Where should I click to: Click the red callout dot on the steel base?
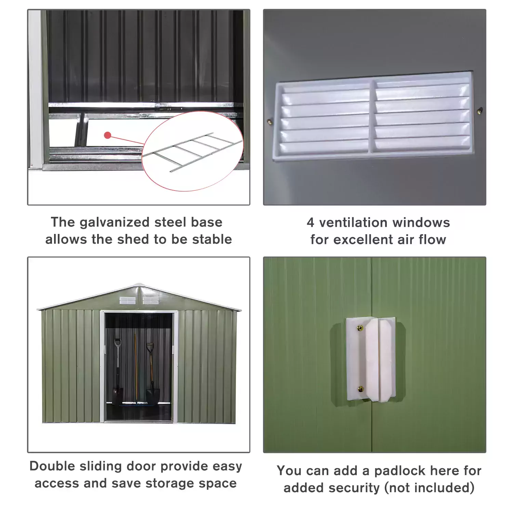(108, 135)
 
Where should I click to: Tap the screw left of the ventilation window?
(269, 121)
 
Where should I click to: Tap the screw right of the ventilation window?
(480, 110)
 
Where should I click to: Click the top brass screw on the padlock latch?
(359, 329)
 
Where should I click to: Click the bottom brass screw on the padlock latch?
(360, 389)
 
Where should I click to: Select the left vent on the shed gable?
(127, 301)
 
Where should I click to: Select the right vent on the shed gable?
(150, 301)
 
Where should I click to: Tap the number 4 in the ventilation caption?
(310, 223)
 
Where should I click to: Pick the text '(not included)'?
(429, 488)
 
